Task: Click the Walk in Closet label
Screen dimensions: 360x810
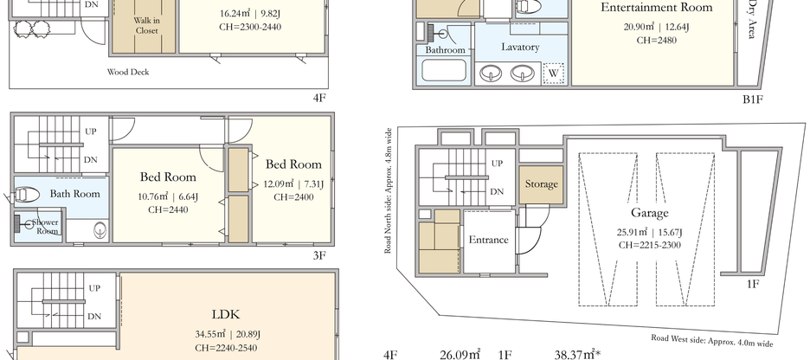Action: (x=147, y=25)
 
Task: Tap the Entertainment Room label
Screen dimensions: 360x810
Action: (x=656, y=8)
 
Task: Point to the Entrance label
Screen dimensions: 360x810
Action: (x=488, y=240)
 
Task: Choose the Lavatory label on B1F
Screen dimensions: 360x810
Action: (x=520, y=47)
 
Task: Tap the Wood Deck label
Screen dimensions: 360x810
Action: (x=128, y=72)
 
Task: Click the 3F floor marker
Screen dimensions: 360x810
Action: (x=319, y=255)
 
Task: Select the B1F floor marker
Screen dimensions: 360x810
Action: (x=752, y=100)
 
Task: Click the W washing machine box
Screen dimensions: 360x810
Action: (x=551, y=74)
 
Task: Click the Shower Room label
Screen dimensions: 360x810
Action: (x=45, y=227)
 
